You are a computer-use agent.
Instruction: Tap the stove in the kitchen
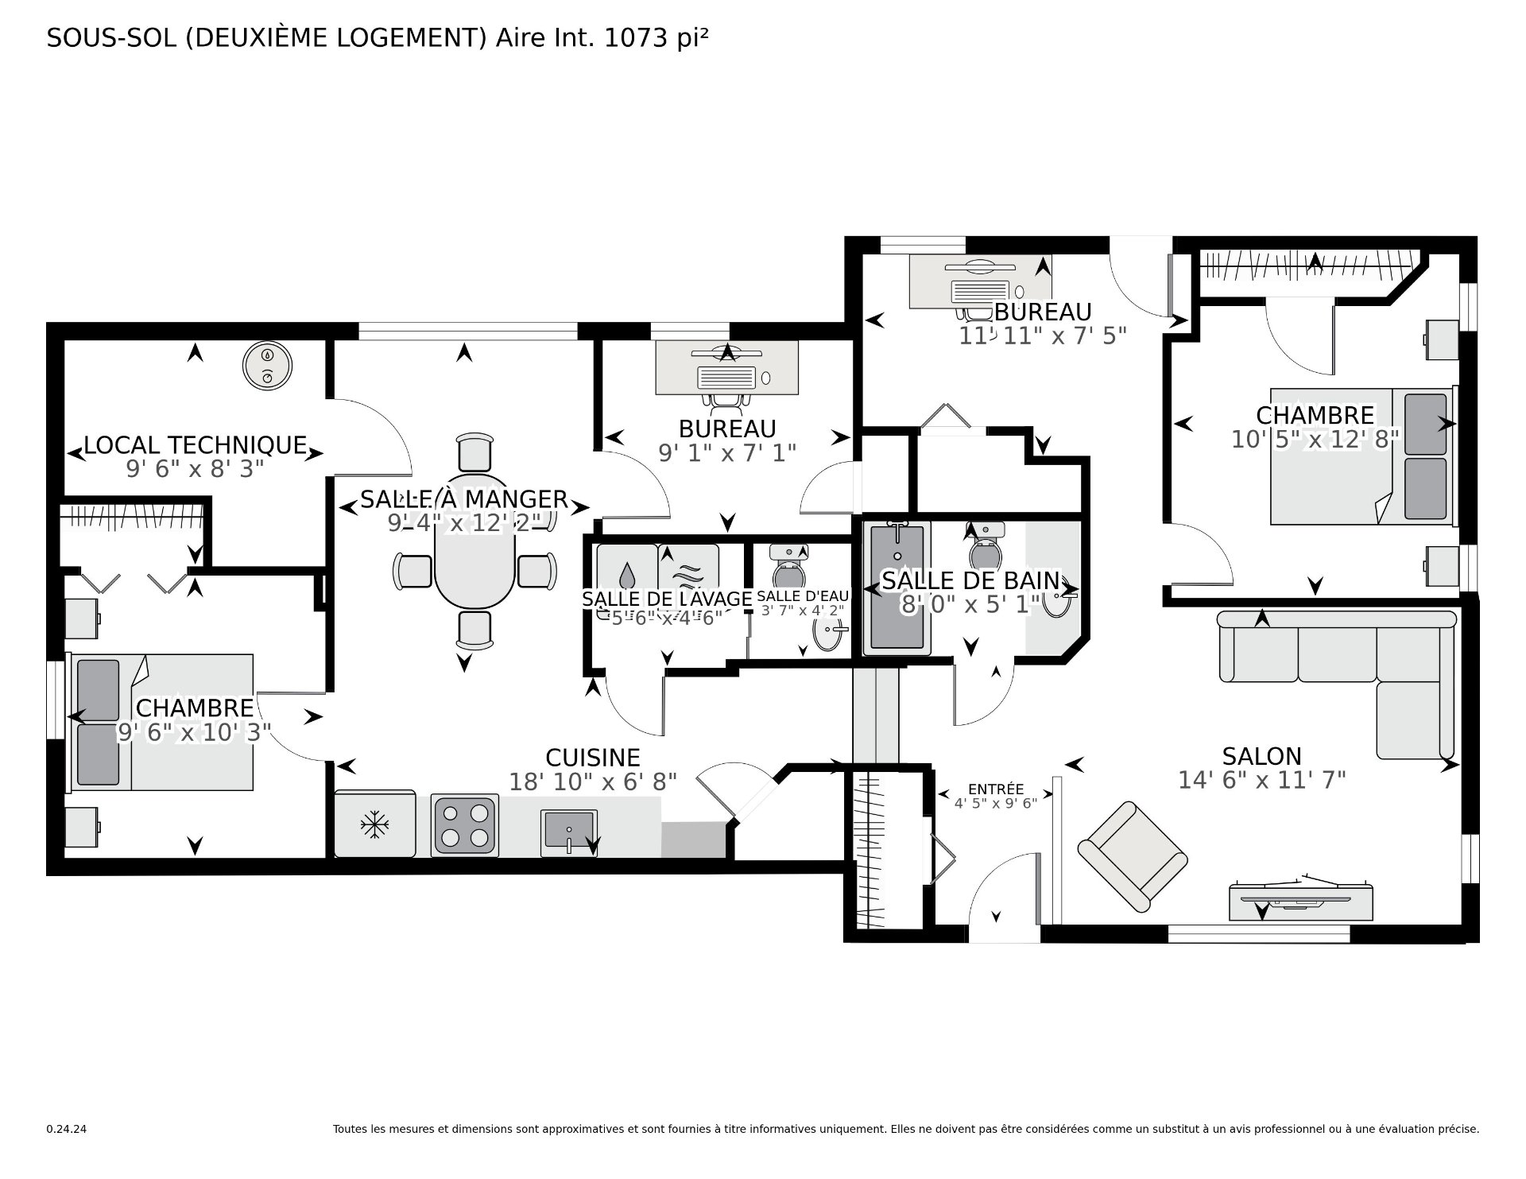click(465, 825)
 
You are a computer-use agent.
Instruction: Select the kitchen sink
click(569, 832)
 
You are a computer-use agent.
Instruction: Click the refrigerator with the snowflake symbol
click(374, 824)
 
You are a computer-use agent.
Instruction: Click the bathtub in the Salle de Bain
click(897, 588)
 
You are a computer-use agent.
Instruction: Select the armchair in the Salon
click(1132, 855)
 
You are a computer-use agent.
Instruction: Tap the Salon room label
click(1261, 755)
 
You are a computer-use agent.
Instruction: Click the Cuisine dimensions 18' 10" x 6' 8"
click(592, 782)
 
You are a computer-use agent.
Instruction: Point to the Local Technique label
click(196, 444)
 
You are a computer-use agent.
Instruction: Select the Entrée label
click(995, 789)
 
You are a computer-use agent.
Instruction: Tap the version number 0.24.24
click(66, 1129)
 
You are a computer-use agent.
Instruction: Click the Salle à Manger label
click(464, 499)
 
